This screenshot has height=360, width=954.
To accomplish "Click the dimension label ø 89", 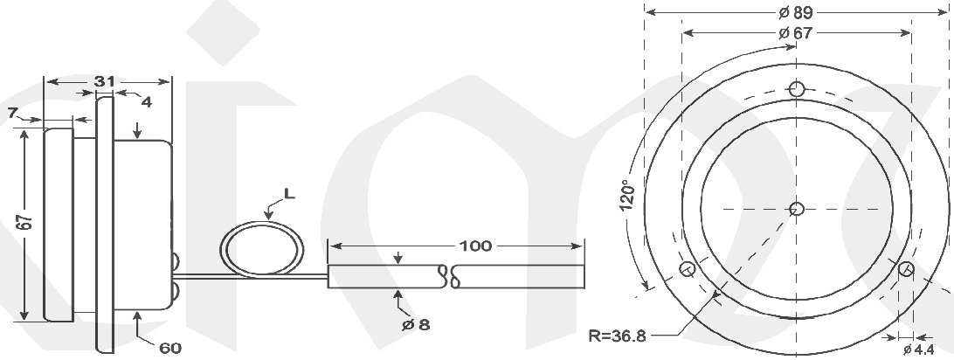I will point(794,12).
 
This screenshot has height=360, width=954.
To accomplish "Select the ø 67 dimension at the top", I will point(794,33).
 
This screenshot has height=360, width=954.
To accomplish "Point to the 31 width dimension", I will point(105,80).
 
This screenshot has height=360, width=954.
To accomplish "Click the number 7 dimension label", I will point(11,113).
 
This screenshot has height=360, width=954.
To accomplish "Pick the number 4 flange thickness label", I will point(146,101).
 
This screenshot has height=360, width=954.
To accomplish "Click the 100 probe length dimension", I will point(475,246).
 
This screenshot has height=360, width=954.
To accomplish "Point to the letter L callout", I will point(289,194).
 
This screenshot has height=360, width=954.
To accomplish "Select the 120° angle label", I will point(626,198).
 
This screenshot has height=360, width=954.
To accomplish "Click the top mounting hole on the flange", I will point(796,88).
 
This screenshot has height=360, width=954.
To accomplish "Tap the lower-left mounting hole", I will point(688,268).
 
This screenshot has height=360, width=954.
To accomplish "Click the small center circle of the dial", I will point(796,208).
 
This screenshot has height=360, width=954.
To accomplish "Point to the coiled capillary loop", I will point(261,250).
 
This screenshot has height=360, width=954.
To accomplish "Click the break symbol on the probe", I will point(452,276).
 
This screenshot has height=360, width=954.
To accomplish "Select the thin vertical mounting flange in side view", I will point(104,224).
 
